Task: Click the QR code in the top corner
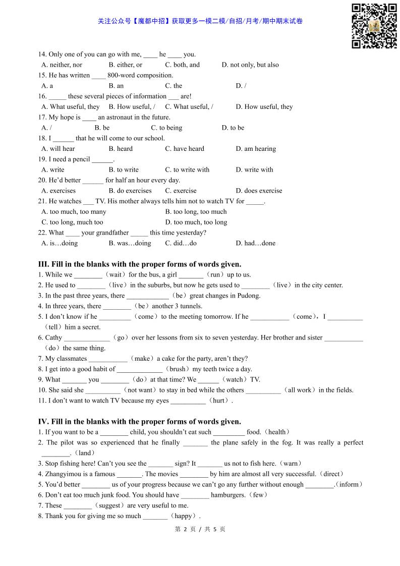coord(374,26)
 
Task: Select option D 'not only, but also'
coord(250,65)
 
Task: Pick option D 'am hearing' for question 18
coord(256,149)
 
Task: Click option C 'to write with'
coord(187,169)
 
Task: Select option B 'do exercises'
coord(130,191)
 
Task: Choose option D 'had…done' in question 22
coord(256,243)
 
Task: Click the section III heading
coord(140,264)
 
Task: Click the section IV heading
coord(140,421)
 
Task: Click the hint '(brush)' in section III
coord(177,369)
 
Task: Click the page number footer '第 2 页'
coord(184,529)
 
